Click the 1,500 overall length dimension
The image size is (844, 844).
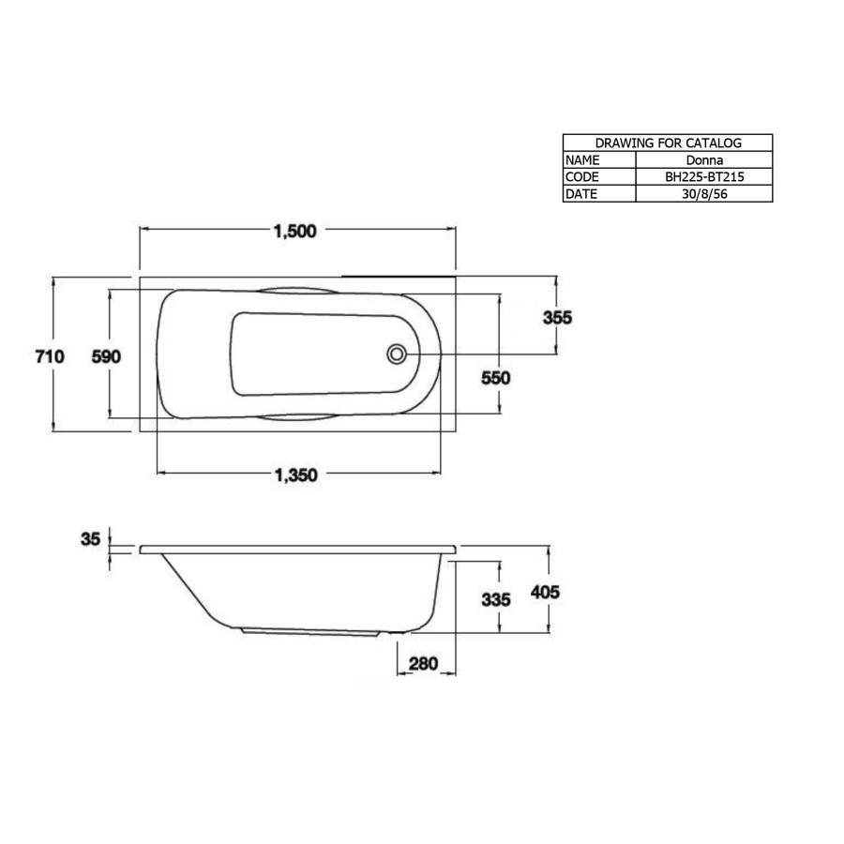(294, 233)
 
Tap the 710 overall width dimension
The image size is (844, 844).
(49, 355)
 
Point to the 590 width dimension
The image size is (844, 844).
(106, 355)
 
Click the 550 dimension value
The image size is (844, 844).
(495, 378)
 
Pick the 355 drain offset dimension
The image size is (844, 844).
(557, 317)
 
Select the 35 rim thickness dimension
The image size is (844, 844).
(90, 539)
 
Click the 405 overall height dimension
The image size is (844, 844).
(545, 593)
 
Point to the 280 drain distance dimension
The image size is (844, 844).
(424, 664)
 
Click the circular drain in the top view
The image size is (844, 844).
(397, 354)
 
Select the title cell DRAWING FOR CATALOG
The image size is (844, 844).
(668, 143)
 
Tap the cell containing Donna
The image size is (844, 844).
(703, 160)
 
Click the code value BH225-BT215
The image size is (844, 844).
(703, 177)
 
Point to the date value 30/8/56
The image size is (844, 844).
(703, 194)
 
